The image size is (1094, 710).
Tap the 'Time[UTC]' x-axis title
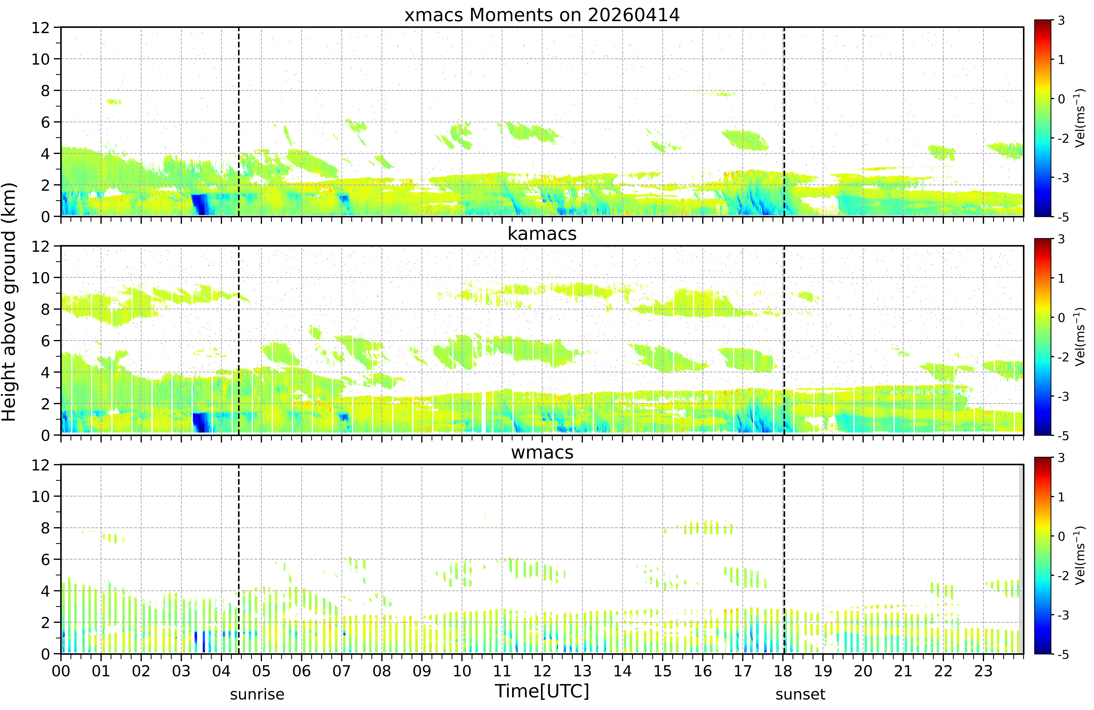542,691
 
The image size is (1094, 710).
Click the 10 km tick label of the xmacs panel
40,59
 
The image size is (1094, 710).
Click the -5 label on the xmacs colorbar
1063,217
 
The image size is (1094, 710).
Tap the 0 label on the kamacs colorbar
1061,317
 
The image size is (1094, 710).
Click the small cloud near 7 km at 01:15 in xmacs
113,102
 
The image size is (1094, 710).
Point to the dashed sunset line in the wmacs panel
784,559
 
